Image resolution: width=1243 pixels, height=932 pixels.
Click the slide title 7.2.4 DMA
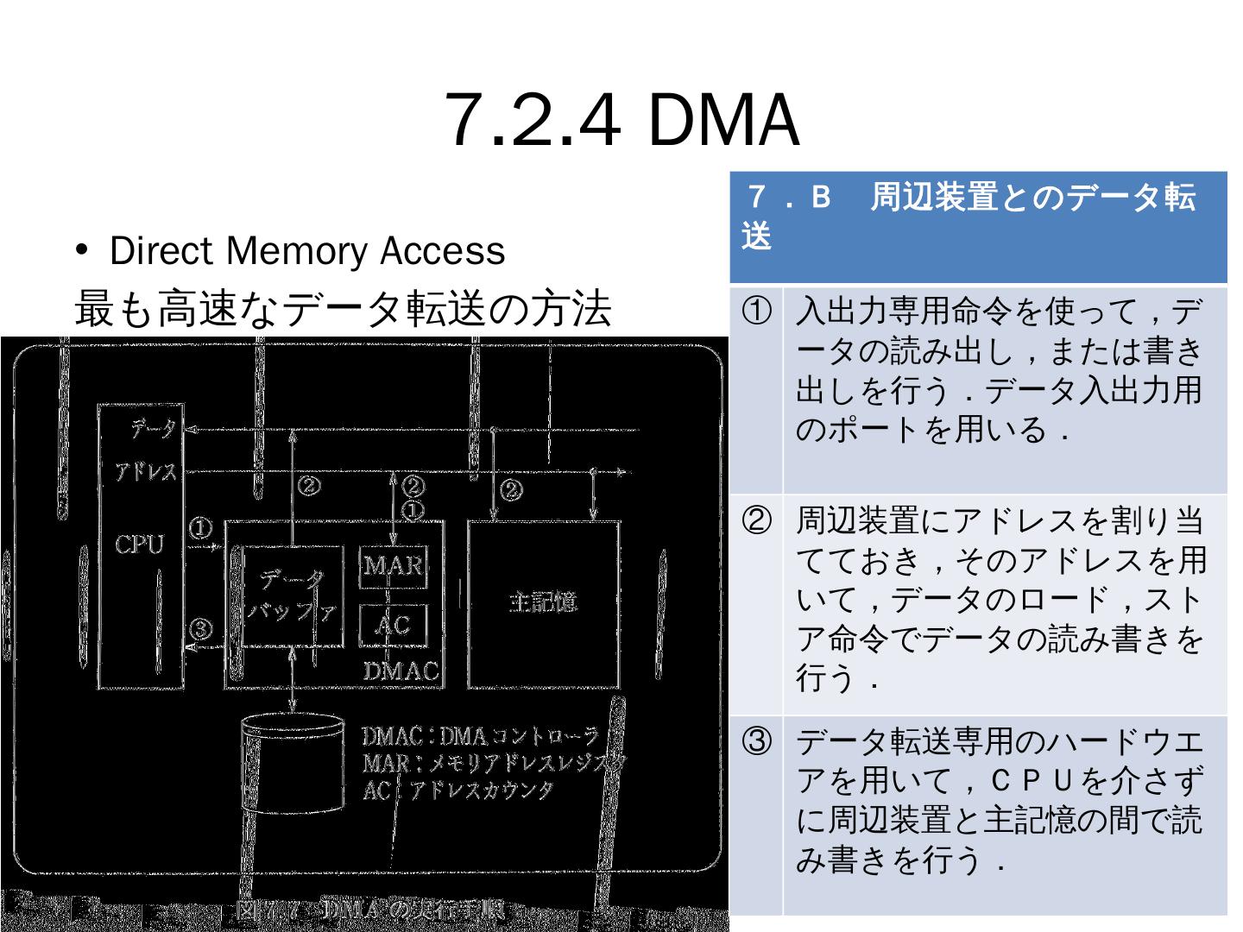tap(621, 121)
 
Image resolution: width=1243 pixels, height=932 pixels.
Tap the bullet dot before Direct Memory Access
tap(83, 250)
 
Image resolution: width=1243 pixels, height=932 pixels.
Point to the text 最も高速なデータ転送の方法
tap(343, 308)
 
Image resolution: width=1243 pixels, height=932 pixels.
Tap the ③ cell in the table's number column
tap(756, 741)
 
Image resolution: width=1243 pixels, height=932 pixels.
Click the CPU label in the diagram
tap(139, 545)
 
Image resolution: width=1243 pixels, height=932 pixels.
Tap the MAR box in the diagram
tap(393, 566)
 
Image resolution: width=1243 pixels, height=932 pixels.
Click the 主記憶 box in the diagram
tap(543, 601)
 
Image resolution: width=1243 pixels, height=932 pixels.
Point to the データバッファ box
tap(293, 595)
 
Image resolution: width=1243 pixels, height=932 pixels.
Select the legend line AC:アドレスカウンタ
tap(457, 790)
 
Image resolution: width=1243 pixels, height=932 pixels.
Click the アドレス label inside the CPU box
tap(147, 472)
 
